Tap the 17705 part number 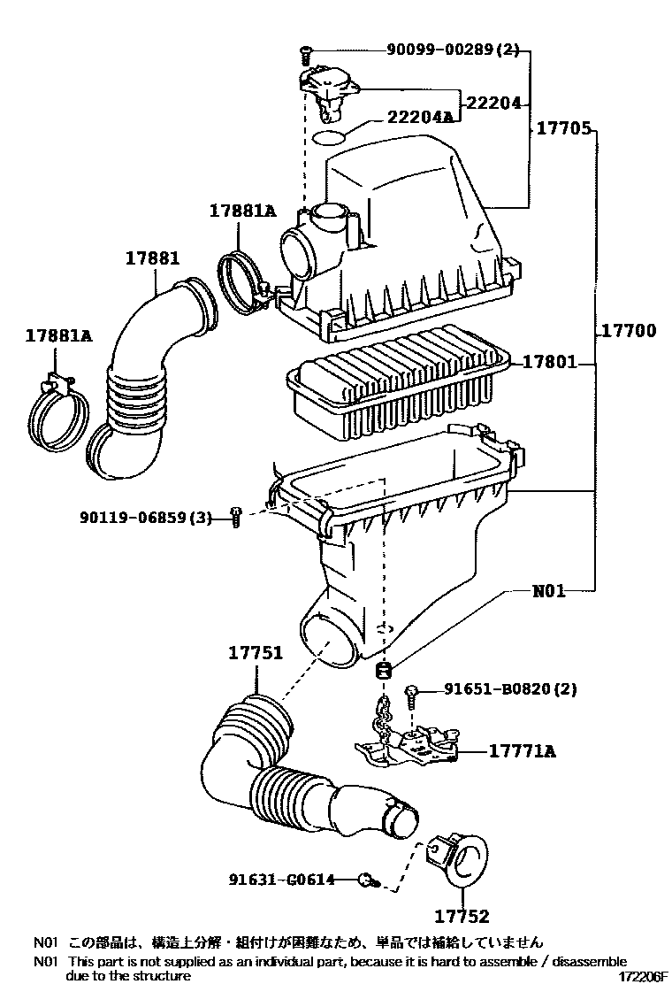point(563,128)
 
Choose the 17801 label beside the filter point(549,361)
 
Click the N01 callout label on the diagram point(548,590)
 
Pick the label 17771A point(522,750)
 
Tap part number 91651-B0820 point(500,688)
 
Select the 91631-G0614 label point(281,880)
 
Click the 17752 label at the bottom point(462,917)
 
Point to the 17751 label point(256,653)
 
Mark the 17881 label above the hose point(152,258)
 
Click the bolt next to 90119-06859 point(236,517)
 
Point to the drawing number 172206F point(643,976)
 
